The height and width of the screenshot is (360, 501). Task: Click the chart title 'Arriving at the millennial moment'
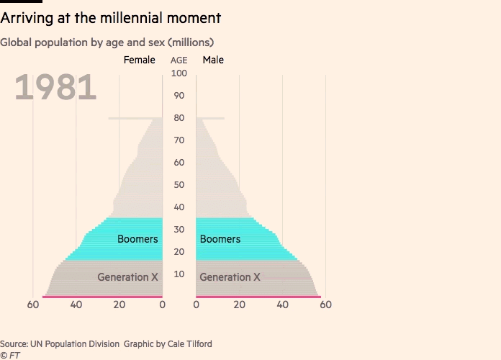click(x=111, y=17)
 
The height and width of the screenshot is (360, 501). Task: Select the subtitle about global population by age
click(x=107, y=42)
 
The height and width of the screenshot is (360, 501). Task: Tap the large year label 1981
click(x=55, y=88)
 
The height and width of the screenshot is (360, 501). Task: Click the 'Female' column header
click(x=139, y=60)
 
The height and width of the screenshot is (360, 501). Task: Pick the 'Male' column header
click(x=213, y=60)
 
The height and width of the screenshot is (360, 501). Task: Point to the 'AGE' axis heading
click(x=179, y=60)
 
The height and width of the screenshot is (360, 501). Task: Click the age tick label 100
click(x=179, y=73)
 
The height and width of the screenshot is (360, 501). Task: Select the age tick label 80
click(x=179, y=118)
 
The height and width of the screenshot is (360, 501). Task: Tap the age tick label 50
click(x=179, y=185)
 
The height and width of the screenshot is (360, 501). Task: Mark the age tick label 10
click(x=179, y=274)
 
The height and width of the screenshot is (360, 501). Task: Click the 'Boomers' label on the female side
click(x=137, y=239)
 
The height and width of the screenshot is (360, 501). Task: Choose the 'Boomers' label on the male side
click(x=220, y=239)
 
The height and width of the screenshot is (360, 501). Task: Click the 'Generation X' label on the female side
click(x=127, y=277)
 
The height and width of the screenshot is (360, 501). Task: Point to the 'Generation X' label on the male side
click(x=230, y=277)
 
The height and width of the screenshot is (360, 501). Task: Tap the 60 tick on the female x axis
click(x=33, y=305)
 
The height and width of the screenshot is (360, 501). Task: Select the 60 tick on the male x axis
click(x=325, y=305)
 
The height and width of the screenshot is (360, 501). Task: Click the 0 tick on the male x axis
click(x=196, y=305)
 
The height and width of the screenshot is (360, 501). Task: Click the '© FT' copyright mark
click(x=10, y=355)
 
